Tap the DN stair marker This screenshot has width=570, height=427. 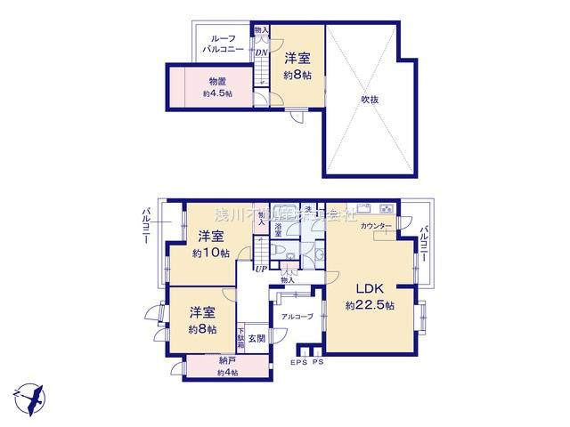tap(261, 52)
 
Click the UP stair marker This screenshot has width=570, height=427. tap(261, 269)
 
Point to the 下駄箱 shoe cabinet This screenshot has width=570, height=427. tap(240, 337)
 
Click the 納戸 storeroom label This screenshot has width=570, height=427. tap(227, 360)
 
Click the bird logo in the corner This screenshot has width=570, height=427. tap(29, 396)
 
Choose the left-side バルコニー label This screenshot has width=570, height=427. tap(143, 228)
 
